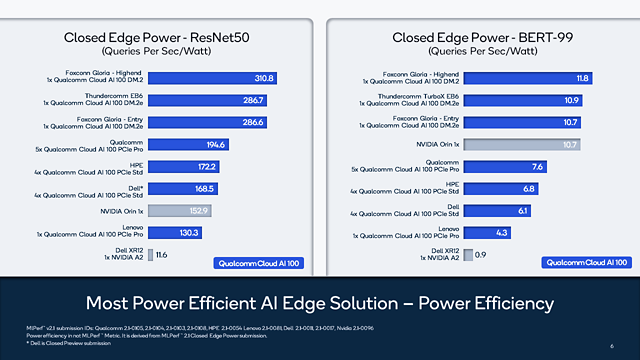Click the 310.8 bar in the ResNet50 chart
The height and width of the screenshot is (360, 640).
215,77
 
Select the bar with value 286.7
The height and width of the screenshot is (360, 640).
208,100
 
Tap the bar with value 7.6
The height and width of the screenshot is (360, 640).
505,166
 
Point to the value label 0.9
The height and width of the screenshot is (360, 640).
479,255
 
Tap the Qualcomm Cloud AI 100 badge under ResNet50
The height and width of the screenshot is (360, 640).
259,262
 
